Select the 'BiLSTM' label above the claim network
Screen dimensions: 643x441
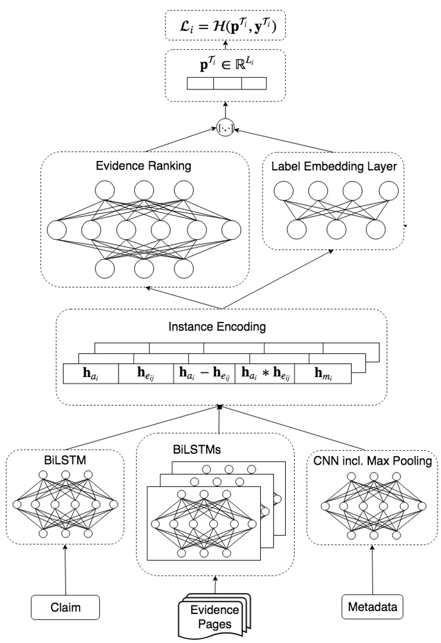coord(65,462)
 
